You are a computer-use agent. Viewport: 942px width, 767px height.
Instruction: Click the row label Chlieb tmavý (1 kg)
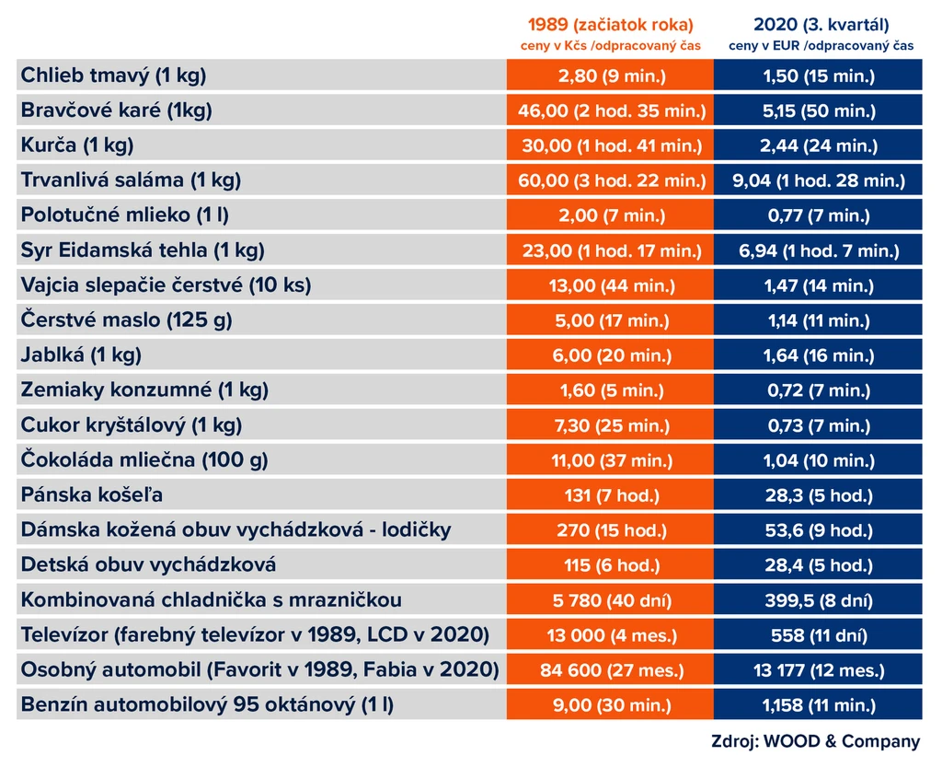tap(113, 76)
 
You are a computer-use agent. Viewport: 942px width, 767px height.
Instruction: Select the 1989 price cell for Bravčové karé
tap(612, 110)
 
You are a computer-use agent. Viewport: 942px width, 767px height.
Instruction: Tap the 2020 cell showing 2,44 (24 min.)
tap(819, 145)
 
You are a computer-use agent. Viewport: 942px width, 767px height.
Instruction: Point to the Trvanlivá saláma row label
tap(131, 180)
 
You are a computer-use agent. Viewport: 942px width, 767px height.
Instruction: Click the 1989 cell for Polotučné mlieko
tap(612, 215)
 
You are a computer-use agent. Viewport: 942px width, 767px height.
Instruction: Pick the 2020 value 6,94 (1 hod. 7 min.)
tap(819, 250)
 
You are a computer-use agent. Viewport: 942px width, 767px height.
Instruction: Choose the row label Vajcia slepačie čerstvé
tap(166, 285)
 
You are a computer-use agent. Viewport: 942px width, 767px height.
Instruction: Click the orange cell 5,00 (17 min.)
tap(612, 320)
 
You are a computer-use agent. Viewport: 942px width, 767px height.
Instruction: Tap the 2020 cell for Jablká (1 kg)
tap(819, 355)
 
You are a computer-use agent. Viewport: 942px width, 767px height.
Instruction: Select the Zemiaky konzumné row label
tap(144, 390)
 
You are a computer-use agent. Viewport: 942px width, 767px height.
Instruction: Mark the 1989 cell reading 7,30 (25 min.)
tap(612, 425)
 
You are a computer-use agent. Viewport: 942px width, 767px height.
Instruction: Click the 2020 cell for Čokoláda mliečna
tap(819, 460)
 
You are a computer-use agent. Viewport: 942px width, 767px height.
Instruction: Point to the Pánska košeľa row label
tap(92, 494)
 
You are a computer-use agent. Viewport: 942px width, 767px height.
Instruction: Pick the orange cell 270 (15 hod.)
tap(612, 530)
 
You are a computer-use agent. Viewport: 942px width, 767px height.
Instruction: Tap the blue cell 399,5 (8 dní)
tap(819, 600)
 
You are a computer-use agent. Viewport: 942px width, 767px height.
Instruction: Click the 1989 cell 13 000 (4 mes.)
tap(612, 635)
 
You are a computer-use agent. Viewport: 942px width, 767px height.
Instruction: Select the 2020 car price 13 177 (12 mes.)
tap(819, 670)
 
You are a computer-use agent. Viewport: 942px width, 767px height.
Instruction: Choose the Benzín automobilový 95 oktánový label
tap(207, 704)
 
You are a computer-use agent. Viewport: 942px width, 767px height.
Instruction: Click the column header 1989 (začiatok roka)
tap(611, 25)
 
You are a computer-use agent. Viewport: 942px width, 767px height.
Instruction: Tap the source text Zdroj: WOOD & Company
tap(815, 741)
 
